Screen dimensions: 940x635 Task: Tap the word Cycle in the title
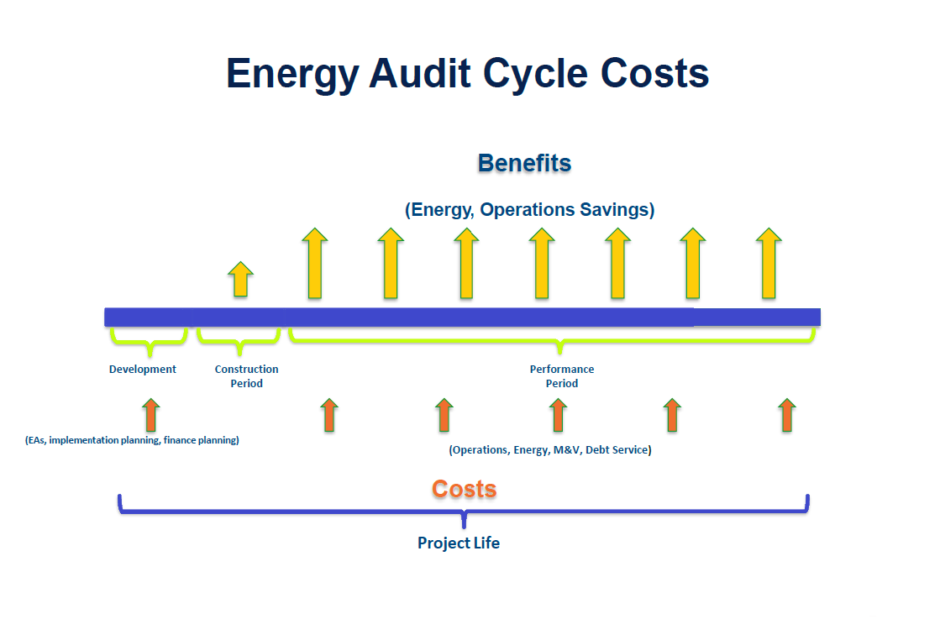pyautogui.click(x=535, y=75)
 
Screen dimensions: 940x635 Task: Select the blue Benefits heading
pyautogui.click(x=524, y=163)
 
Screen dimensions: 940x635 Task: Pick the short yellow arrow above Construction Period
pyautogui.click(x=241, y=280)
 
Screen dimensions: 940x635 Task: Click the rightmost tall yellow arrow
pyautogui.click(x=769, y=263)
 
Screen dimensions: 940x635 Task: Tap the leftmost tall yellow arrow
pyautogui.click(x=315, y=263)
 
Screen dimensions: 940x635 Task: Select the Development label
pyautogui.click(x=143, y=370)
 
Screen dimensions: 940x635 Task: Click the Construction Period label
pyautogui.click(x=246, y=376)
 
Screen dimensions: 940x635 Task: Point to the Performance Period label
pyautogui.click(x=562, y=376)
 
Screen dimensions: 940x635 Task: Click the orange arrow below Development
pyautogui.click(x=151, y=415)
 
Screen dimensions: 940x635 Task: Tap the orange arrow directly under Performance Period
pyautogui.click(x=558, y=415)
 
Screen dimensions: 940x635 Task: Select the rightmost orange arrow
pyautogui.click(x=787, y=415)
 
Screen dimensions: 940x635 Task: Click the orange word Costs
pyautogui.click(x=465, y=490)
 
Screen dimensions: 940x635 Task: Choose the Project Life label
pyautogui.click(x=459, y=543)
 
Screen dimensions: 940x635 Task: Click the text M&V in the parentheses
pyautogui.click(x=568, y=449)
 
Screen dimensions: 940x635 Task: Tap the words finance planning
pyautogui.click(x=200, y=440)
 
